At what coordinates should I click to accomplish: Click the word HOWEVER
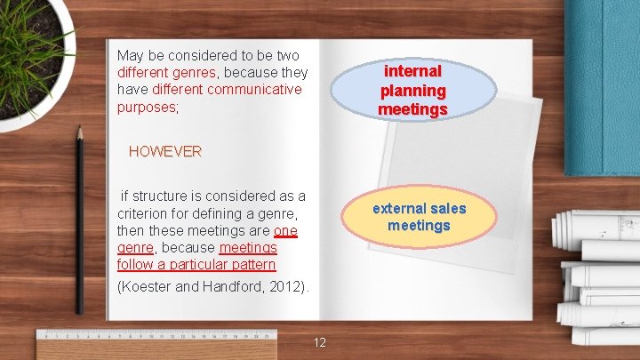165,151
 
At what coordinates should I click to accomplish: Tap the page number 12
321,342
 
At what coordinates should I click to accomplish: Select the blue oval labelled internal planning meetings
412,89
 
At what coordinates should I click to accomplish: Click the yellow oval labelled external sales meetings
419,217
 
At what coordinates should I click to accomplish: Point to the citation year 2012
286,287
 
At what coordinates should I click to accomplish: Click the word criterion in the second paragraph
144,213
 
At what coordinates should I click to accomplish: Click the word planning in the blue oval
412,90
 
